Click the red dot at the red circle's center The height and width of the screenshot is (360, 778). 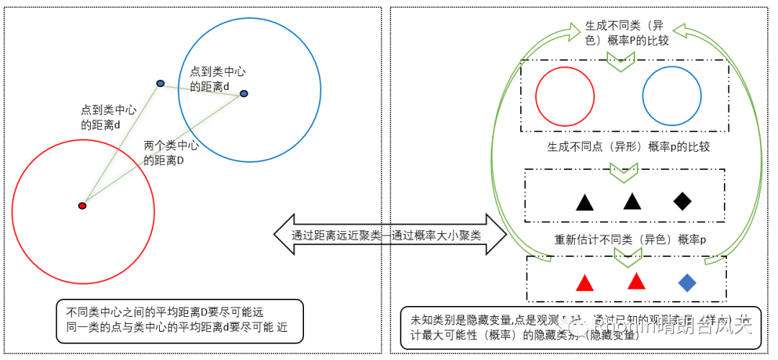[82, 206]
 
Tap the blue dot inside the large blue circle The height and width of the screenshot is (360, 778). [243, 94]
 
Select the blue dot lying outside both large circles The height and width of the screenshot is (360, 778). [160, 84]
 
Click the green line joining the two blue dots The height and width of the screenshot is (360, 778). [202, 89]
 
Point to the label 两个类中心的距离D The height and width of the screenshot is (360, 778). [171, 153]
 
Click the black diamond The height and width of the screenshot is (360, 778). [682, 201]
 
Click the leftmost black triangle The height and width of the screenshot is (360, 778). [585, 202]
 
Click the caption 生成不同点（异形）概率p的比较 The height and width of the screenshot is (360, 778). [628, 147]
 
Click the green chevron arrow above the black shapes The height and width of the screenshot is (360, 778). [621, 173]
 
